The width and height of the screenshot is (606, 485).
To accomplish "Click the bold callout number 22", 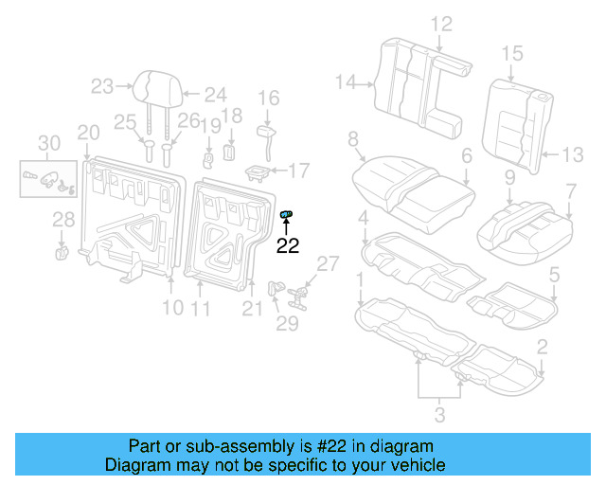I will coord(287,246).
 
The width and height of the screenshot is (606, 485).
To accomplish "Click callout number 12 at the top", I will coord(441,24).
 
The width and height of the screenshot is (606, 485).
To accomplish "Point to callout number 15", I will coord(512,54).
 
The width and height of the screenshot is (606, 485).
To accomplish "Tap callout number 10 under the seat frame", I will coord(171,307).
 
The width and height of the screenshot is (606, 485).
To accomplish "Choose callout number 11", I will coord(201,307).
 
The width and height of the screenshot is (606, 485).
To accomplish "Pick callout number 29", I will coord(286,324).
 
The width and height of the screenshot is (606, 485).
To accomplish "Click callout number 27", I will coord(327,263).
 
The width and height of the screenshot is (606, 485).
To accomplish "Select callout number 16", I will coord(269,98).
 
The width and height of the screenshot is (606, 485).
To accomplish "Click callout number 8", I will coord(353,140).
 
